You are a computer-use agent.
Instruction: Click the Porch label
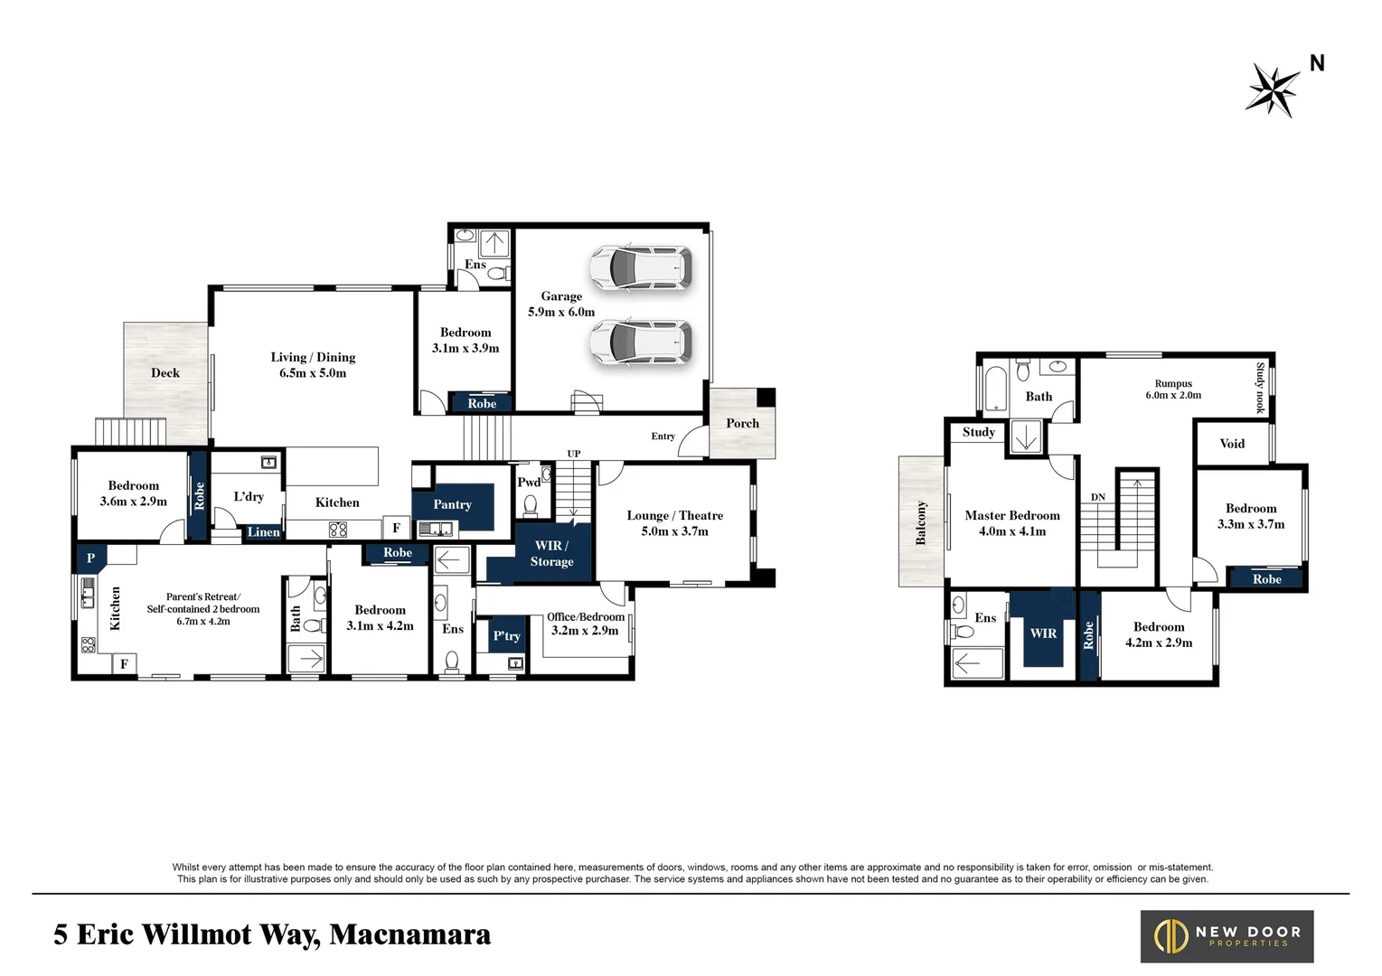[742, 423]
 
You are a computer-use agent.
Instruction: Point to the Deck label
[165, 372]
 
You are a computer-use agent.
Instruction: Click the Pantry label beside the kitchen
[452, 504]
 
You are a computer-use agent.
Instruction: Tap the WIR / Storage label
[551, 553]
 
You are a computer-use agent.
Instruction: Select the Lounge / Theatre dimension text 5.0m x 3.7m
[674, 531]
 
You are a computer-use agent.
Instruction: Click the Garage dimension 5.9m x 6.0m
[561, 312]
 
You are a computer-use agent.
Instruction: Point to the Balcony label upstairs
[921, 522]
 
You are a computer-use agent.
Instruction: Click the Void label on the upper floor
[1232, 444]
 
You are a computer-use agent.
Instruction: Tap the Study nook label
[1260, 388]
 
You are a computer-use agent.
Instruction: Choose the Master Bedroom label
[1011, 515]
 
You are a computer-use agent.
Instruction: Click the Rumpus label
[1173, 383]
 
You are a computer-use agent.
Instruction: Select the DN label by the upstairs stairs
[1098, 497]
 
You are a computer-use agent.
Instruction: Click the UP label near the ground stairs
[574, 454]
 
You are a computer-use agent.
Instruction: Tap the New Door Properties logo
[1226, 936]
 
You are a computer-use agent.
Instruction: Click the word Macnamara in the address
[409, 934]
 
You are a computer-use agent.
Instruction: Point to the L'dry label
[249, 496]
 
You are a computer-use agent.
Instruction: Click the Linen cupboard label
[264, 532]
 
